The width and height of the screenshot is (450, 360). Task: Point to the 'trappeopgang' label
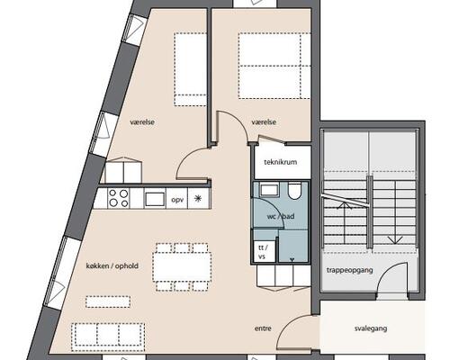point(352,268)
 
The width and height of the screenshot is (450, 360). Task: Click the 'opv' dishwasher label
point(177,199)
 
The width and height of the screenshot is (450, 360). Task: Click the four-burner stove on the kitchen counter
point(120,198)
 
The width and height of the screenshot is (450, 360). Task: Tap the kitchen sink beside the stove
point(154,199)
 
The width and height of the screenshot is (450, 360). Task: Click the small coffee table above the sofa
point(101,301)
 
